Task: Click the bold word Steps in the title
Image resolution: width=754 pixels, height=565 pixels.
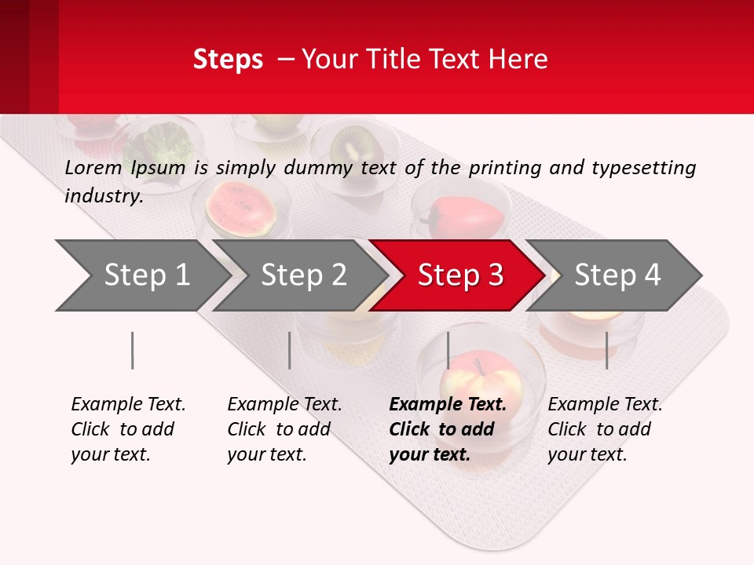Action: (228, 60)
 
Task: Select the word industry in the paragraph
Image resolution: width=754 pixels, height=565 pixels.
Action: (103, 195)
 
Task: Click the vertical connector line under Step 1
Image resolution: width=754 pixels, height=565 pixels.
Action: (132, 350)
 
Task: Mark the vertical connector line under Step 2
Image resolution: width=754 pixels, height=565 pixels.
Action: (289, 350)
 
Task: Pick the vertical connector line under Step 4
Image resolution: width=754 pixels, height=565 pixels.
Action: (606, 350)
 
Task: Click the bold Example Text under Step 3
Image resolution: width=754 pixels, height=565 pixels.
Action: (448, 405)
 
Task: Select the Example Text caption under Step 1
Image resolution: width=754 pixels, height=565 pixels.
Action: (128, 405)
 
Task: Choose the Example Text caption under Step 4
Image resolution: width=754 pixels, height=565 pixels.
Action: (605, 405)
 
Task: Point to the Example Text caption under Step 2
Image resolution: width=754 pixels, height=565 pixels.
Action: (284, 405)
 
